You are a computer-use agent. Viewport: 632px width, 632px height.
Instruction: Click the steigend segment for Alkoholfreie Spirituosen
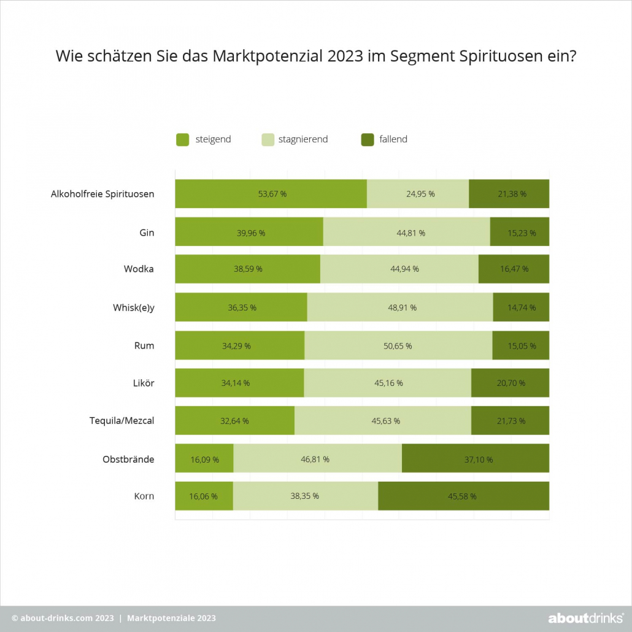coord(271,194)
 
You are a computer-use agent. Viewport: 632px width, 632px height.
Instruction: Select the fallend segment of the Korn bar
coord(463,496)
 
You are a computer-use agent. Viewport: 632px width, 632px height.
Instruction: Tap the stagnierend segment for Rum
coord(398,345)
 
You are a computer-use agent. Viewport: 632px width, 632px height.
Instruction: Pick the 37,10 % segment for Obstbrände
coord(476,458)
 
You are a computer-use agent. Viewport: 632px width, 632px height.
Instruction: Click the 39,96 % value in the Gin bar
coord(249,233)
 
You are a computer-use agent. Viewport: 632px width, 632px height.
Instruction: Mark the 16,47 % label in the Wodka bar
coord(514,269)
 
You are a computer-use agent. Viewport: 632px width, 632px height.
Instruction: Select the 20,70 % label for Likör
coord(511,383)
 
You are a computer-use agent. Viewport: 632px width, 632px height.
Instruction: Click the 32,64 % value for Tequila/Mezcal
coord(234,421)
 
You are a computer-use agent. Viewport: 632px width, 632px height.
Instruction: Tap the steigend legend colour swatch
coord(182,140)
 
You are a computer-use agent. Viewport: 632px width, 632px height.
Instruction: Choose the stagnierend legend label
coord(303,139)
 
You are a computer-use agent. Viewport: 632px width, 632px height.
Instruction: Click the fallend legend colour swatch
coord(367,140)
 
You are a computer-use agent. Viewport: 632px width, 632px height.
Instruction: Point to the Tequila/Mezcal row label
coord(121,420)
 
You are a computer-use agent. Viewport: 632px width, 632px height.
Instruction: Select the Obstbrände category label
coord(128,458)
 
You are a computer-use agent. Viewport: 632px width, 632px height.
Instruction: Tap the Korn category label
coord(144,496)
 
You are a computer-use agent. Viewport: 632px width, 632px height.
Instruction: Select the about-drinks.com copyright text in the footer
coord(58,618)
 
